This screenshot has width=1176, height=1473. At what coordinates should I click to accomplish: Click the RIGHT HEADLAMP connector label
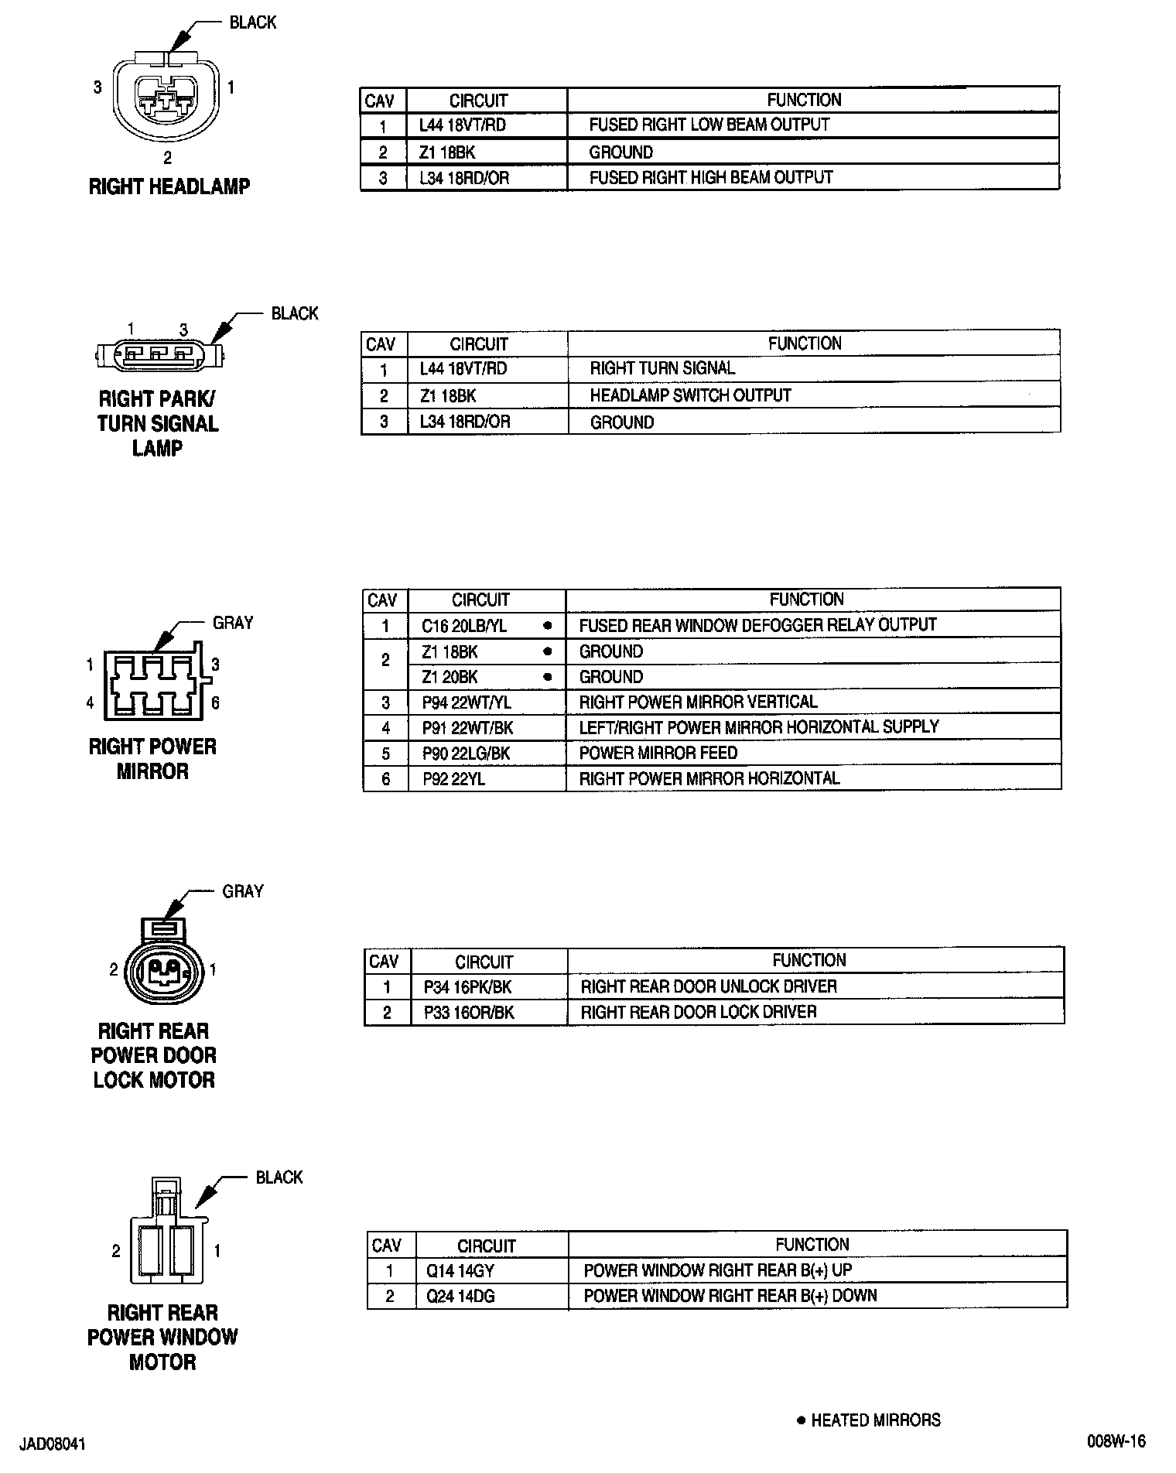[x=169, y=186]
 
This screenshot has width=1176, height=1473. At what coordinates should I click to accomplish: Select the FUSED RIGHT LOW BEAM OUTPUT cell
[x=709, y=125]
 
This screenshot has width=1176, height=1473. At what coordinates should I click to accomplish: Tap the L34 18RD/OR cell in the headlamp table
[x=464, y=178]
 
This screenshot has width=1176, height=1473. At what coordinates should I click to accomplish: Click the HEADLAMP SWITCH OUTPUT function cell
[x=690, y=395]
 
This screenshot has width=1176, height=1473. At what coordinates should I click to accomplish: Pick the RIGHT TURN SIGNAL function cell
[x=662, y=368]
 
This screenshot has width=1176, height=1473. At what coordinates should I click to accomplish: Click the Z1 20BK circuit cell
[x=450, y=677]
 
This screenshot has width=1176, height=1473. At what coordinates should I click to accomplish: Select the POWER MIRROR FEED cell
[x=658, y=753]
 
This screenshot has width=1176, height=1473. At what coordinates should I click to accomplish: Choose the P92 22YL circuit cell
[x=453, y=778]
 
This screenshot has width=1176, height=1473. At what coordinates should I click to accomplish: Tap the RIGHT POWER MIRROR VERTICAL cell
[x=698, y=702]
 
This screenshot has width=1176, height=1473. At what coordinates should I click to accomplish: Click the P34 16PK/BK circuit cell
[x=467, y=986]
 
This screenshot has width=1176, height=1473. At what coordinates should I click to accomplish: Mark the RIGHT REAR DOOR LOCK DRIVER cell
[x=698, y=1012]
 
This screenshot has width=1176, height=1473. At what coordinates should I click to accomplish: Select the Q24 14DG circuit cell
[x=460, y=1296]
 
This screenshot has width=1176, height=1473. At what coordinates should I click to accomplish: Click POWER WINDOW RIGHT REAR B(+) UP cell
[x=717, y=1270]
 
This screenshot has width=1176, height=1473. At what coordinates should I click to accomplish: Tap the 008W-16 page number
[x=1116, y=1441]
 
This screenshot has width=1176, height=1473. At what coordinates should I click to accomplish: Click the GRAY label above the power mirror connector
[x=233, y=623]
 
